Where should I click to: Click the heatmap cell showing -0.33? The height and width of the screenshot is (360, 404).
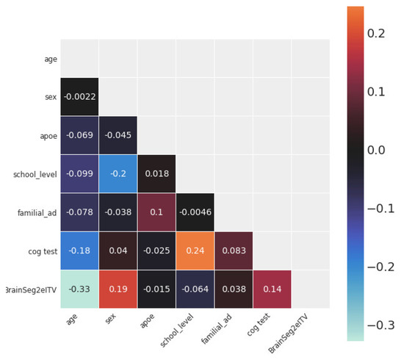click(x=79, y=289)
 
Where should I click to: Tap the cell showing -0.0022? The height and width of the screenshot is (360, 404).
click(x=79, y=97)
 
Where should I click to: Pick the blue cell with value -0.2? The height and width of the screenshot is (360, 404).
click(x=118, y=174)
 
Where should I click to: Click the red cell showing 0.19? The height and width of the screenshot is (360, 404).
click(x=118, y=289)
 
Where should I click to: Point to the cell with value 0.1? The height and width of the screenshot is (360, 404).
click(x=156, y=212)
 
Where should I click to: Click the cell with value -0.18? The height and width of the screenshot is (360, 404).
click(x=79, y=251)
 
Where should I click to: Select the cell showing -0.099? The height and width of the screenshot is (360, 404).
click(x=79, y=174)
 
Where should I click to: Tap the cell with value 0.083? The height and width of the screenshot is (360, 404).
click(x=233, y=251)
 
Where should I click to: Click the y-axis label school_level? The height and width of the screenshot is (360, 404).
click(x=34, y=174)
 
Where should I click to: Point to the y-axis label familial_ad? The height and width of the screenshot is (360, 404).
click(x=35, y=212)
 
